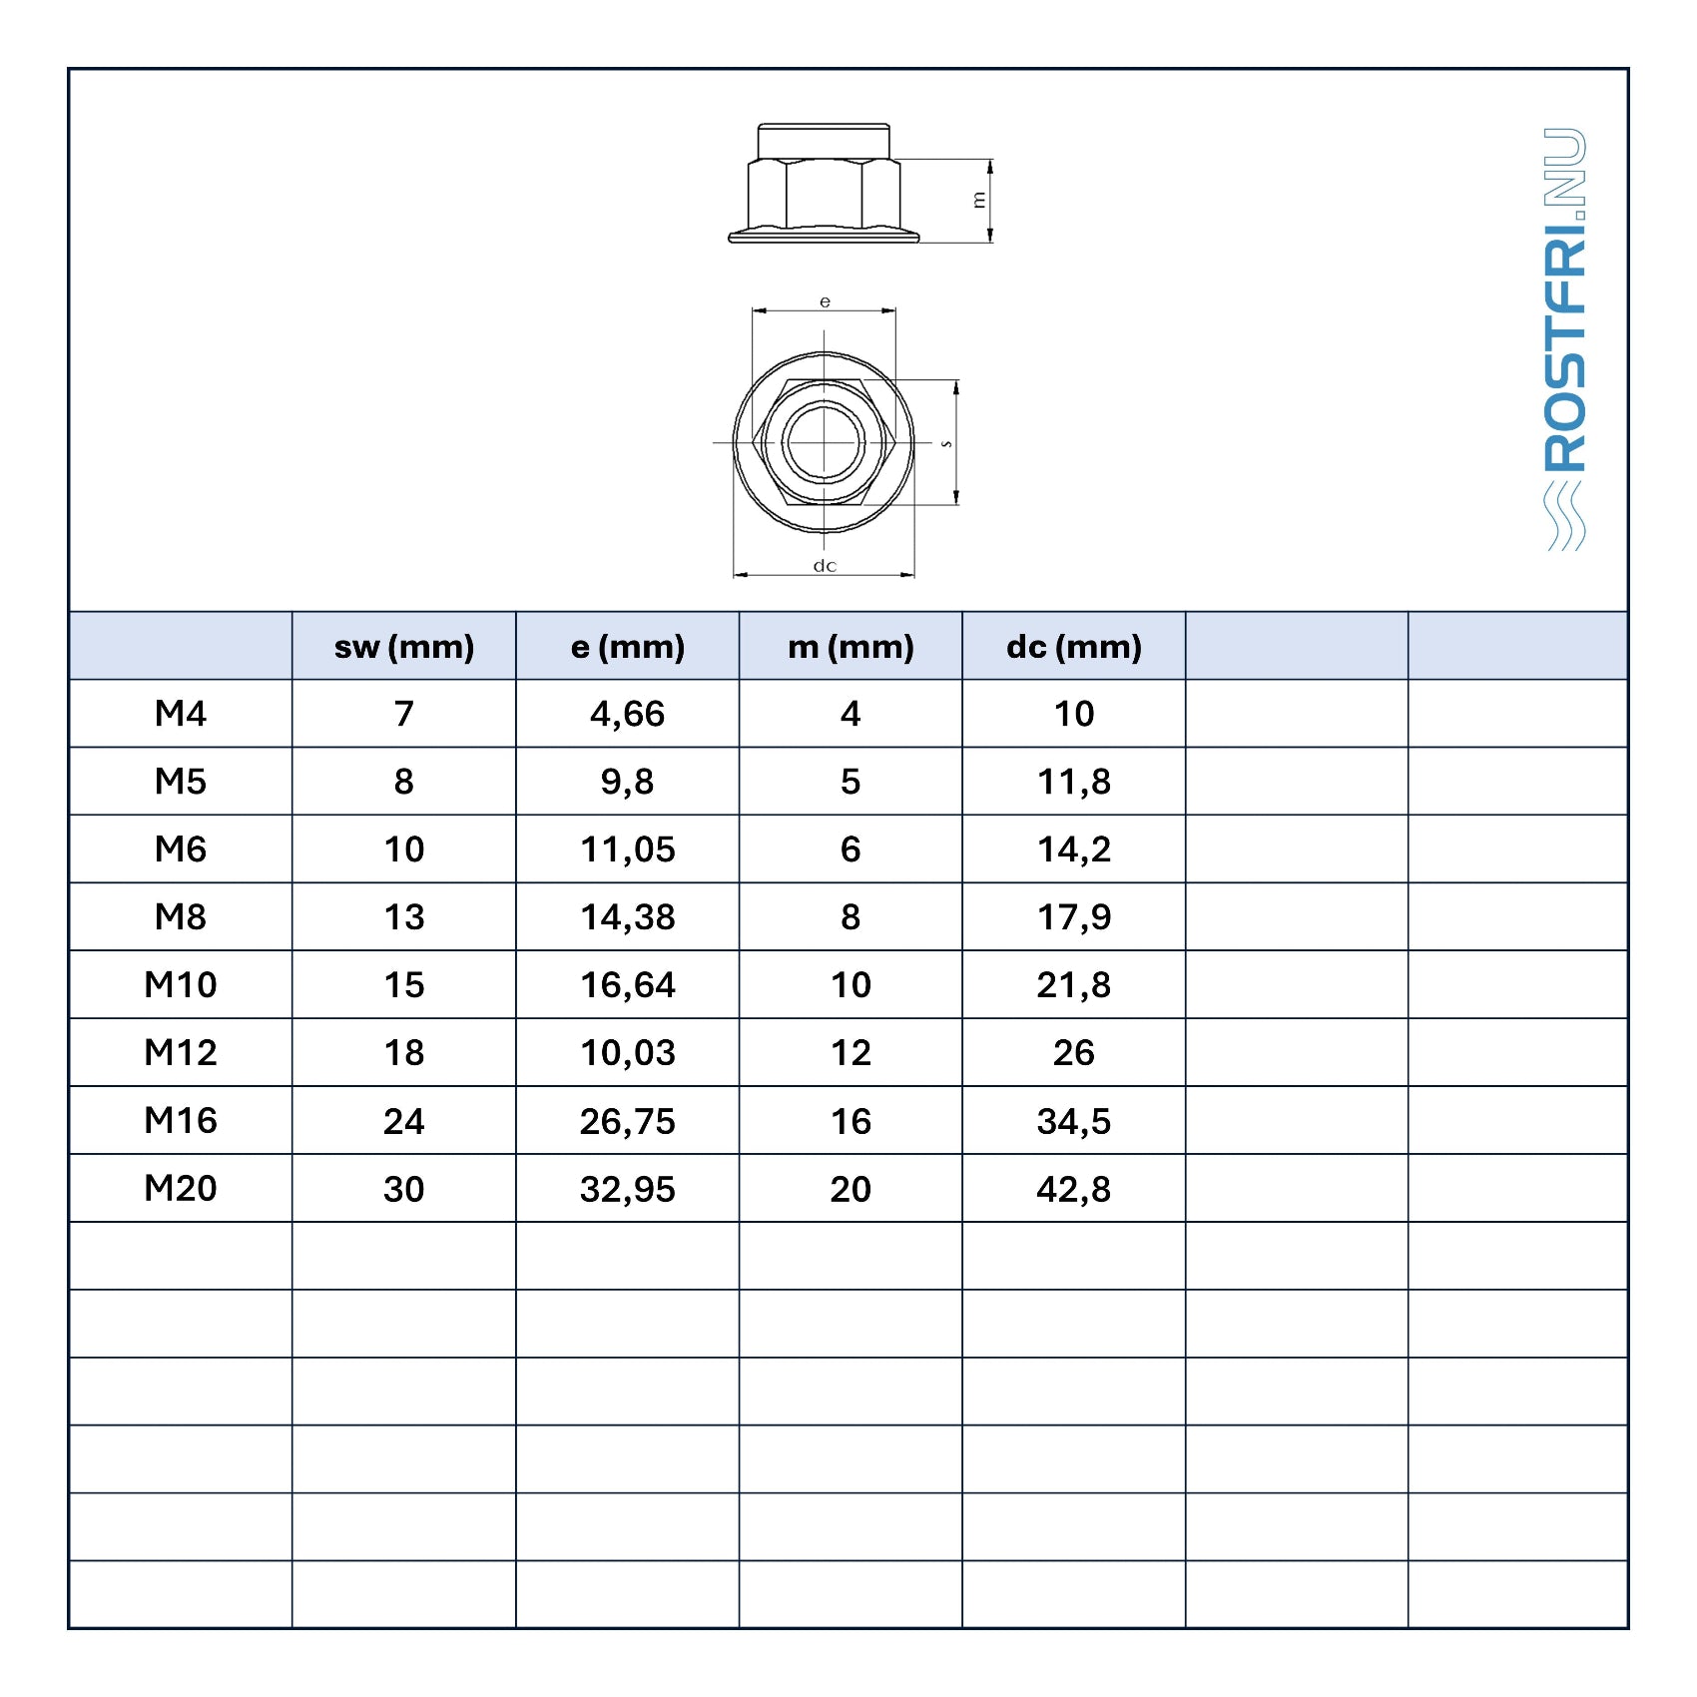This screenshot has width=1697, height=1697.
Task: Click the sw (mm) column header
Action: [404, 647]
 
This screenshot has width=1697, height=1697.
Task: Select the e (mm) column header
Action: [628, 647]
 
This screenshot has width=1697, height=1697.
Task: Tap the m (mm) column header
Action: [850, 647]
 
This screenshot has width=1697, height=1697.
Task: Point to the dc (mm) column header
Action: [1074, 647]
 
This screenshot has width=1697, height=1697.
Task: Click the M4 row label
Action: [181, 714]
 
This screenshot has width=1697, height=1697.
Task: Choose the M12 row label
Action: [181, 1053]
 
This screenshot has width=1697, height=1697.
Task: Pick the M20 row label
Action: [181, 1189]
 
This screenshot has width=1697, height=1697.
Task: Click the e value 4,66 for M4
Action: [628, 715]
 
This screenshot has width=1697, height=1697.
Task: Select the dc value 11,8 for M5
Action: [1074, 783]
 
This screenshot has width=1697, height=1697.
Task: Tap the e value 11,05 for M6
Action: [628, 850]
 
